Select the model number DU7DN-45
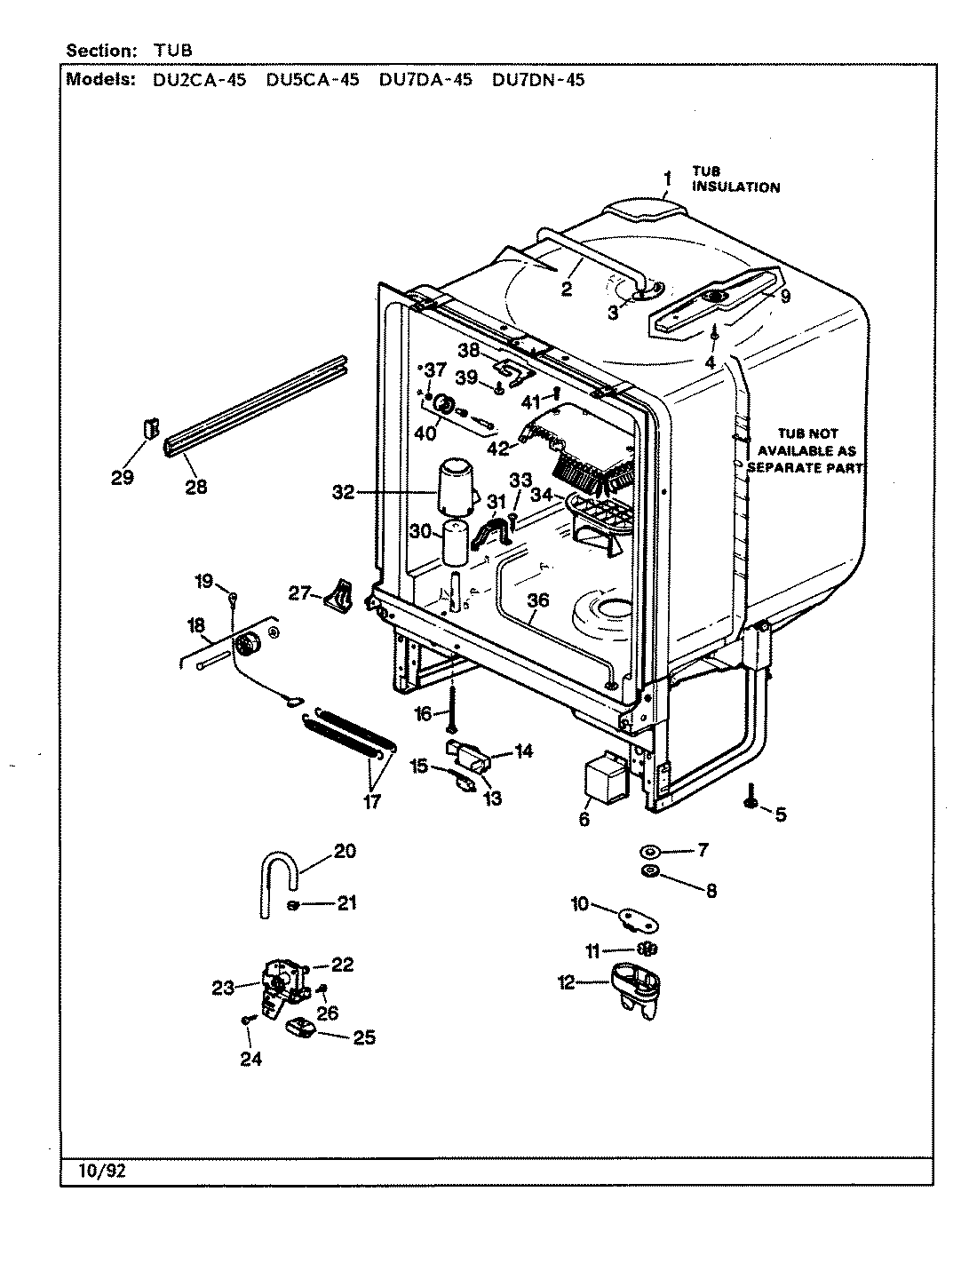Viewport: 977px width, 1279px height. click(x=537, y=80)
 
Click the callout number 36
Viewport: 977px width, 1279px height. click(x=537, y=600)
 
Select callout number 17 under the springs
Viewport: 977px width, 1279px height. click(x=371, y=801)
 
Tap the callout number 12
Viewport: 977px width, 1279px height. click(x=567, y=982)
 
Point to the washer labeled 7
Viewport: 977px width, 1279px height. click(x=651, y=851)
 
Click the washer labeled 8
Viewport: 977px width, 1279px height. click(x=651, y=870)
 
